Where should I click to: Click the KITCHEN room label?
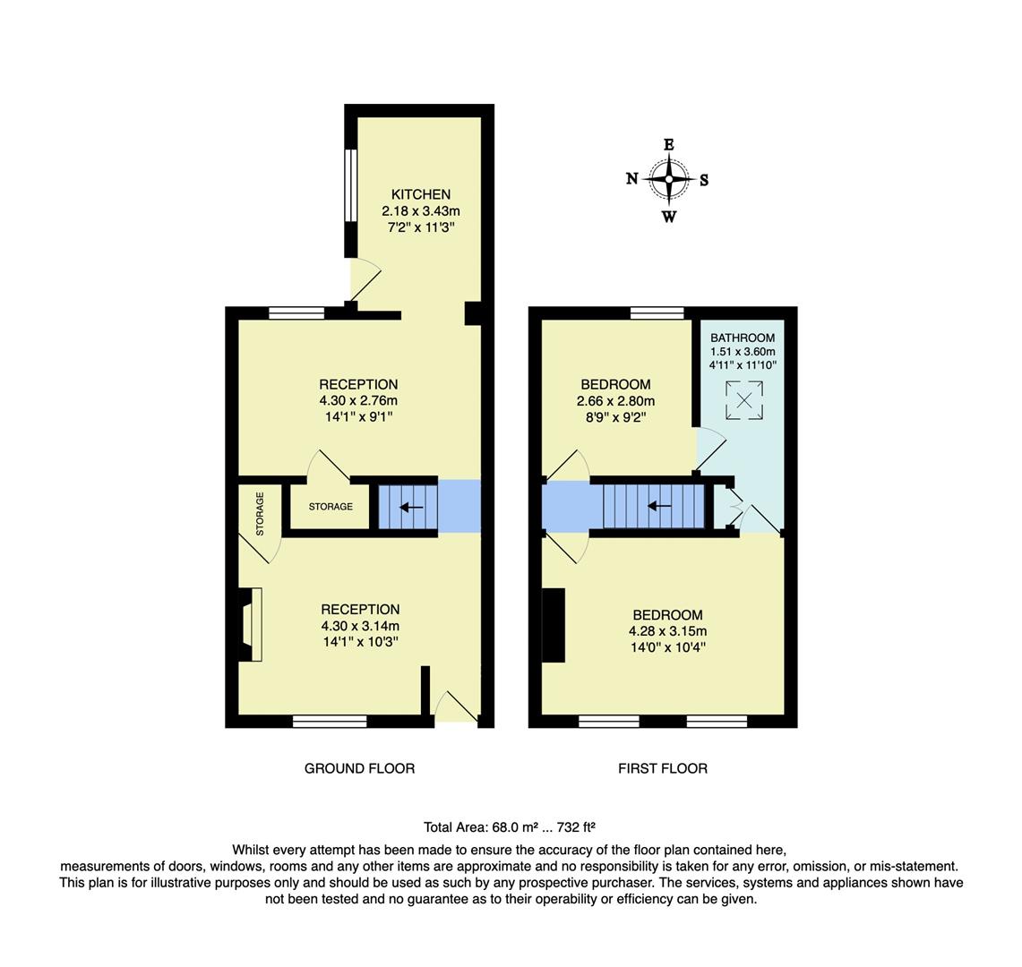pos(420,194)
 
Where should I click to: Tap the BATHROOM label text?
pos(743,338)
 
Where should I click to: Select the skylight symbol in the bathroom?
pos(743,400)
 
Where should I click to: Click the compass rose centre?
pos(668,179)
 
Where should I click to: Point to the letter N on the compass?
pos(631,179)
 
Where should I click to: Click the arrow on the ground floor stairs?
pos(411,508)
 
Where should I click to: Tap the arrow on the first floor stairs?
pos(659,506)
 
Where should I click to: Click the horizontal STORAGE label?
pos(331,507)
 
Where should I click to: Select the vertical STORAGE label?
pos(260,514)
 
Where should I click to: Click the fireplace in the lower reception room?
pos(251,624)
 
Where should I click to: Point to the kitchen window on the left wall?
pos(351,184)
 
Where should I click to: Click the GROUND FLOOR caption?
pos(359,768)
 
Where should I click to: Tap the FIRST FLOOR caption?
pos(662,768)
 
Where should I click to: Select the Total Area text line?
pos(510,827)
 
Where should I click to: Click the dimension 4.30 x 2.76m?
pos(359,401)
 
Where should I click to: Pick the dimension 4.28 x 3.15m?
pos(667,631)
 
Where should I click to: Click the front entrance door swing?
pos(455,706)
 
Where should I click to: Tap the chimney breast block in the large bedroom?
pos(554,625)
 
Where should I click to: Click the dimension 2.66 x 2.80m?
pos(615,401)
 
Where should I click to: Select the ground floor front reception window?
pos(330,721)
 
